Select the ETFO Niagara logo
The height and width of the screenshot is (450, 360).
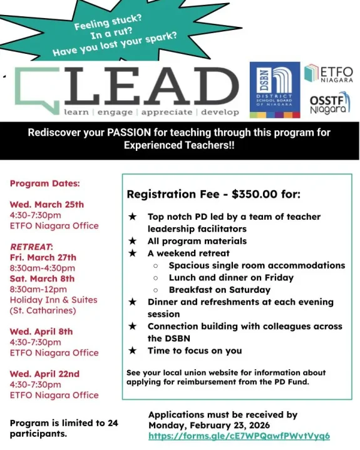point(328,74)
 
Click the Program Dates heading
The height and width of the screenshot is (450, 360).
point(44,183)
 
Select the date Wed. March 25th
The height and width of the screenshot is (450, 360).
point(47,204)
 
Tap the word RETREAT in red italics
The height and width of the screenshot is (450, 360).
point(31,247)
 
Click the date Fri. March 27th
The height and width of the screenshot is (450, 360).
point(43,257)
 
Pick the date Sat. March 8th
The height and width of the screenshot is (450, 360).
point(42,279)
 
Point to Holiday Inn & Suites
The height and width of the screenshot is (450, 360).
point(53,300)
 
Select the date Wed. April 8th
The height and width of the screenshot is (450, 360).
point(41,331)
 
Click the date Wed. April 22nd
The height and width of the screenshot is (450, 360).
point(44,374)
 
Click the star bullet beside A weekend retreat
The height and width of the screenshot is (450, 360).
point(132,253)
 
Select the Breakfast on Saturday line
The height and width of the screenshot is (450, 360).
point(219,290)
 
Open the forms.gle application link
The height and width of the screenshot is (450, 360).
point(239,436)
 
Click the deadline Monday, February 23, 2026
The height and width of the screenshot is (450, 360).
point(222,425)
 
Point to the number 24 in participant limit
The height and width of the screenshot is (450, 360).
point(112,423)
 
